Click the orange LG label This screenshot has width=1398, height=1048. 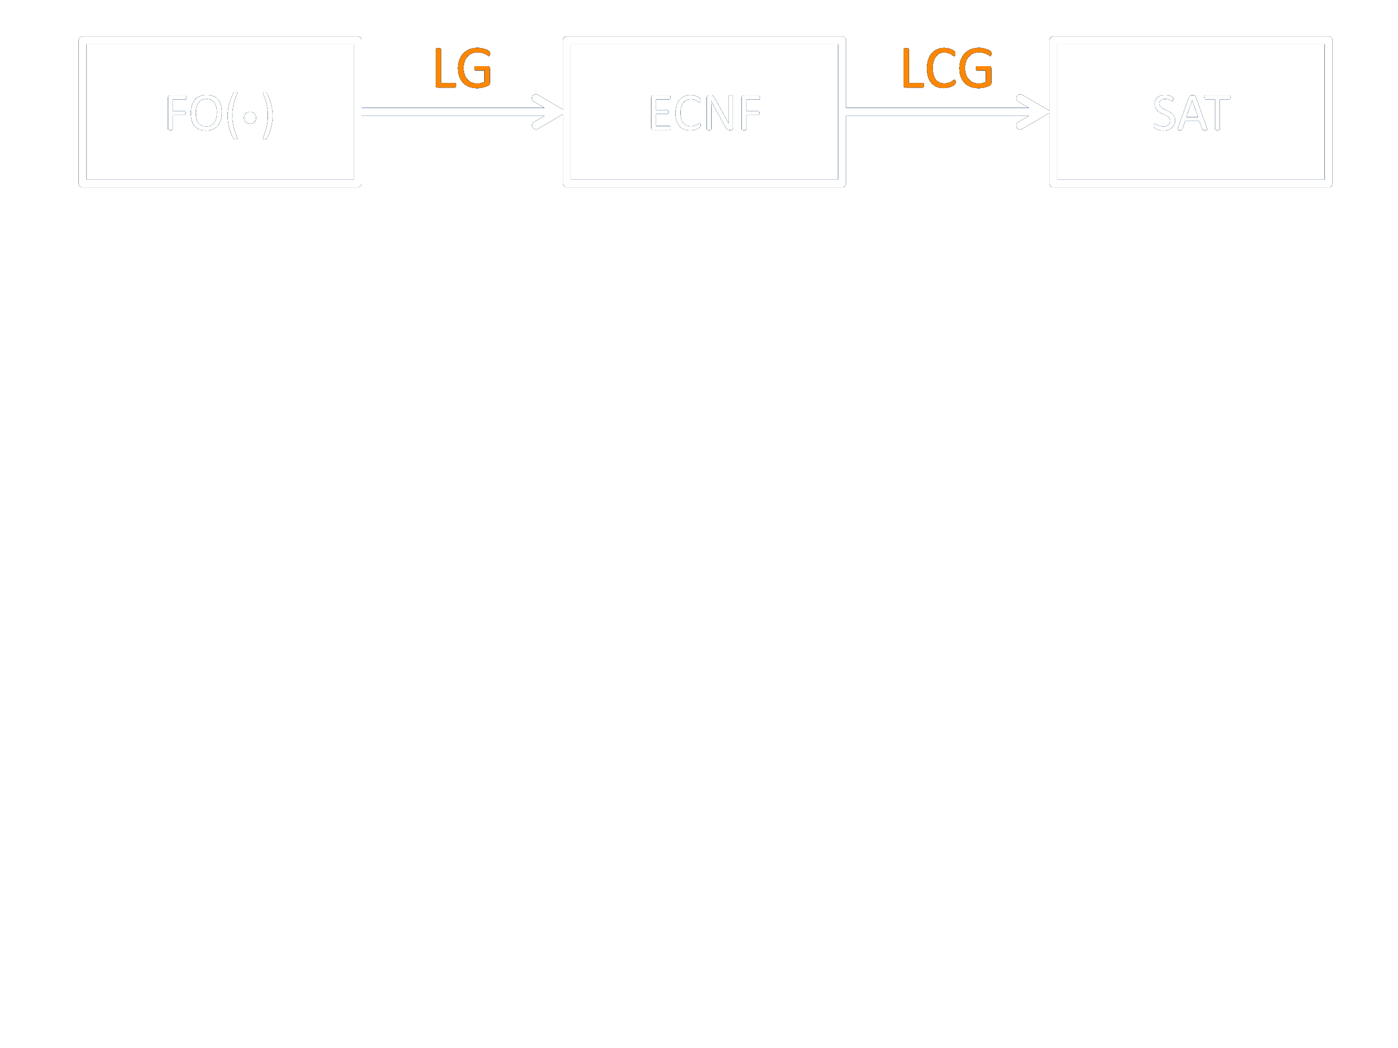(463, 68)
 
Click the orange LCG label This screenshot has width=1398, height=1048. (947, 68)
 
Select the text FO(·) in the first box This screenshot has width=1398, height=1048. (219, 114)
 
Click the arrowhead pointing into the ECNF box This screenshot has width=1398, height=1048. (548, 112)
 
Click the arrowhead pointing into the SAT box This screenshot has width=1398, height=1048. (1034, 112)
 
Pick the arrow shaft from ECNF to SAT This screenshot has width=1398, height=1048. (929, 112)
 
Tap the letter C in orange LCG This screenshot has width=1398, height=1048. (941, 68)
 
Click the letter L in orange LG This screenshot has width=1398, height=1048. (444, 68)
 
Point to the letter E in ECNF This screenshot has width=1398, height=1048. (660, 112)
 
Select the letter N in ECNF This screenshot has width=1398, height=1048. (719, 112)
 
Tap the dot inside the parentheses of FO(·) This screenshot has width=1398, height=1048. (250, 117)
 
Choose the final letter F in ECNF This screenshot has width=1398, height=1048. (751, 112)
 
